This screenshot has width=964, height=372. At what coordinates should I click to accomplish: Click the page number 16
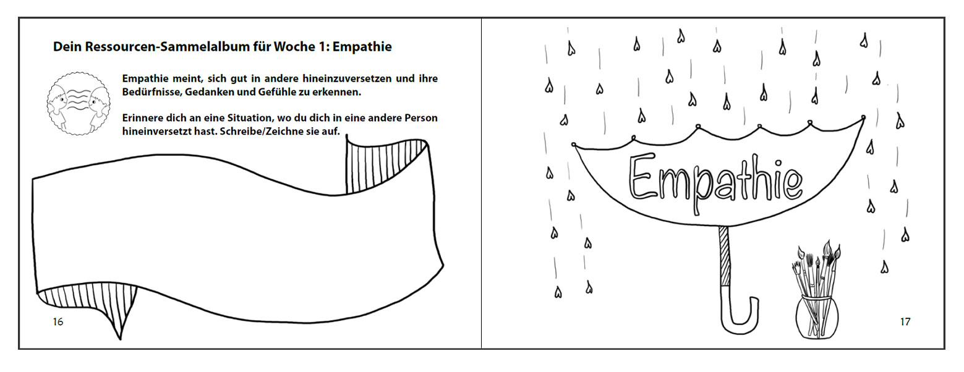click(x=58, y=322)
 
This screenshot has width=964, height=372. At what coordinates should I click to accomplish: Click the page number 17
click(x=905, y=322)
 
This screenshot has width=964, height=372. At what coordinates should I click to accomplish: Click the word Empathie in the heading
click(x=362, y=47)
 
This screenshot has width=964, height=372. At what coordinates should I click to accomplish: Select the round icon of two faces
click(x=79, y=104)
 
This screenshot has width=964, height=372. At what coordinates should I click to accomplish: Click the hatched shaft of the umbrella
click(x=725, y=256)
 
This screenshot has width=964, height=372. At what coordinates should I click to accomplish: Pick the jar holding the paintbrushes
click(x=817, y=317)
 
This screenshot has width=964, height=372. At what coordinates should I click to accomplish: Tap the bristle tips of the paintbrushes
click(x=817, y=256)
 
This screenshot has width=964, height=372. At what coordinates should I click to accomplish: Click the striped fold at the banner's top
click(x=385, y=166)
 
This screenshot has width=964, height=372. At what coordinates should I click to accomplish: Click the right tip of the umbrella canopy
click(x=863, y=117)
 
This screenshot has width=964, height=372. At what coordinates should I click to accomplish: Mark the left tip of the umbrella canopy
click(x=574, y=145)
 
